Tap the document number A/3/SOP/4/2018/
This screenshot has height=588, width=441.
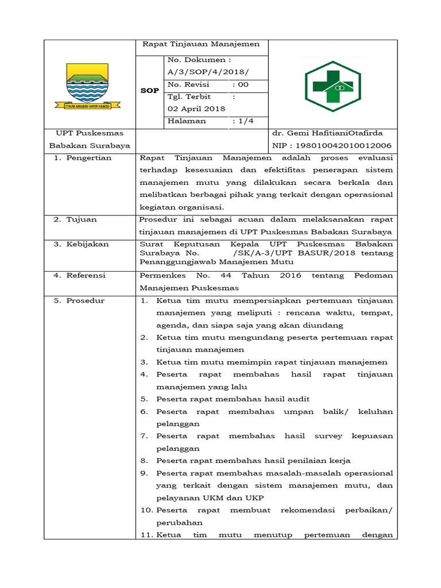tap(208, 72)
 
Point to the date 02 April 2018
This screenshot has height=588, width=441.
tap(196, 109)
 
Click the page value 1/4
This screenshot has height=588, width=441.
tap(243, 121)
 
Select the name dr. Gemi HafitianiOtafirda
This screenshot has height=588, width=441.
tap(327, 133)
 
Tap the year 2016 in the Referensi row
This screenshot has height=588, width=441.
tap(291, 276)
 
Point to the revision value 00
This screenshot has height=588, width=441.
tap(243, 84)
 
